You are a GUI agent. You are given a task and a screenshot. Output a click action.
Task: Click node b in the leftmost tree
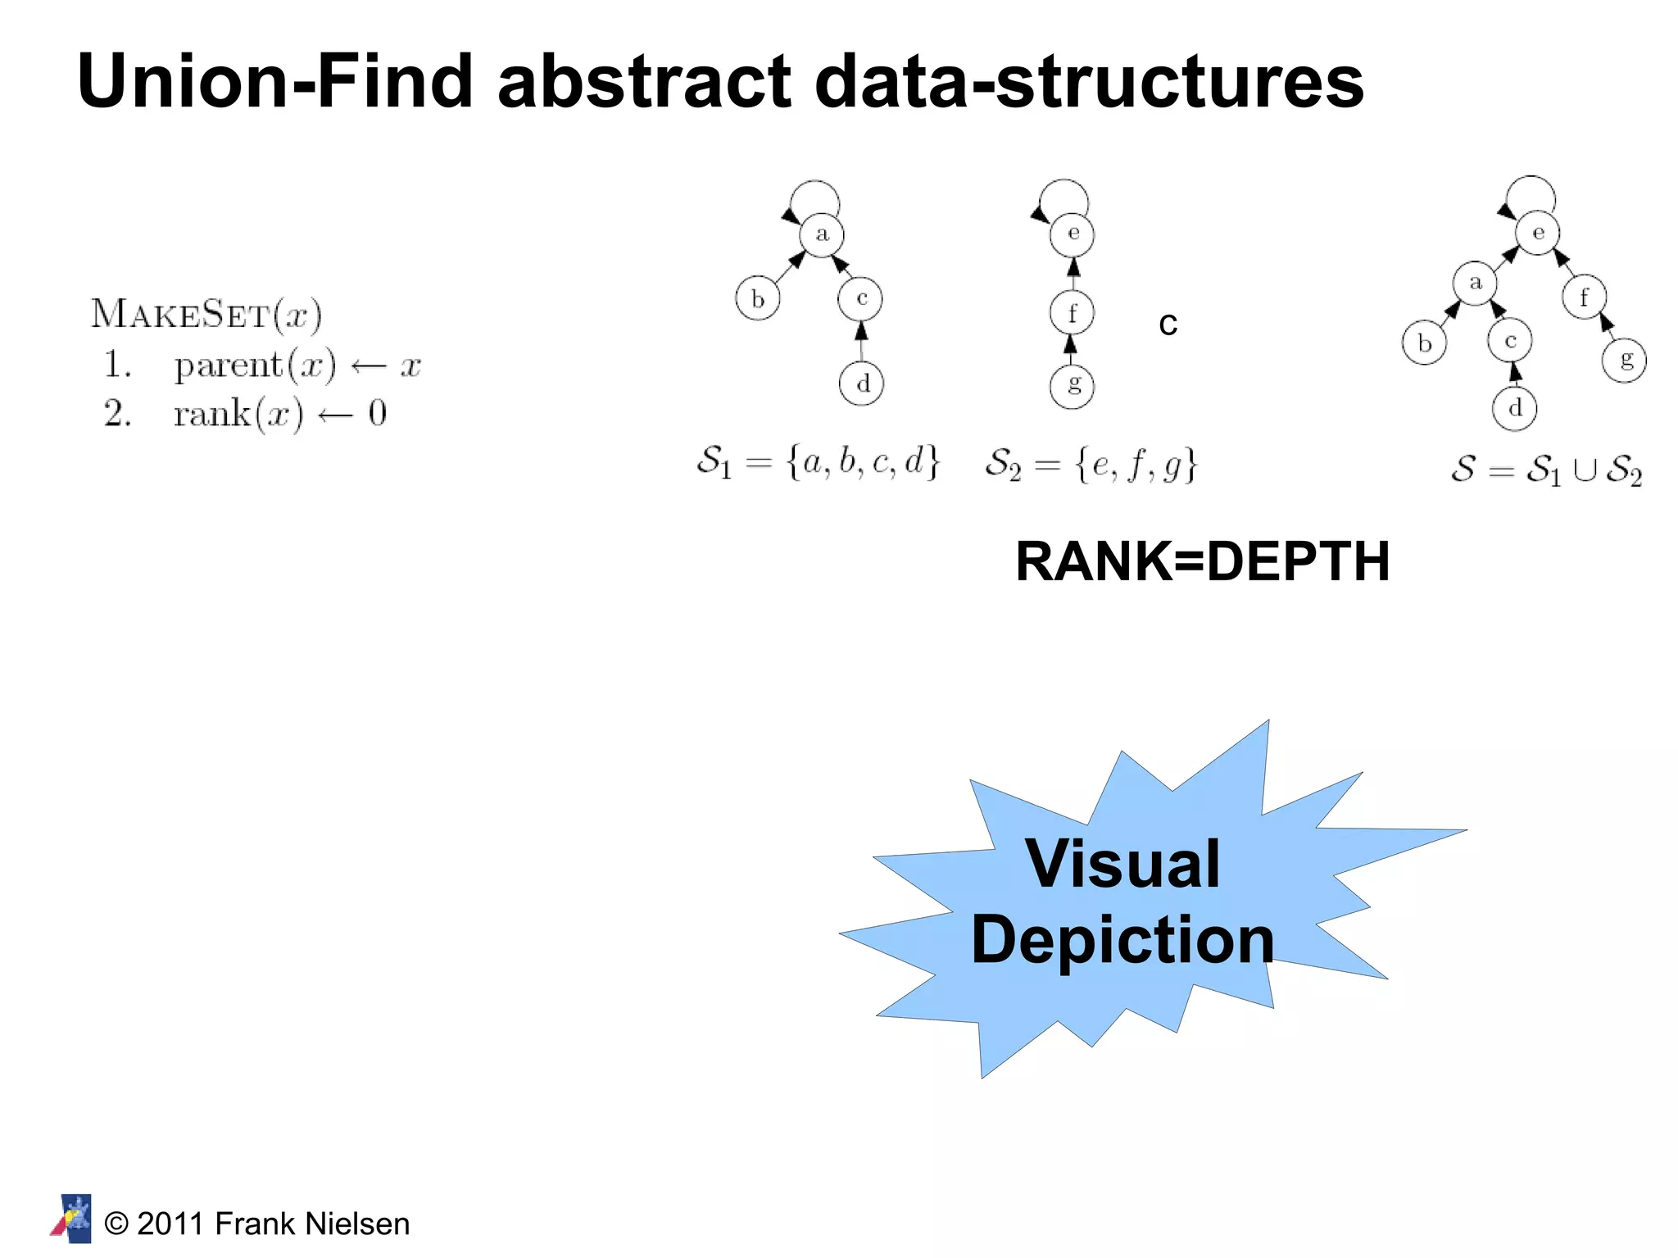pos(757,299)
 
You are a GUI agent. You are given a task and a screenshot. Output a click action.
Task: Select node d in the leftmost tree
pos(861,384)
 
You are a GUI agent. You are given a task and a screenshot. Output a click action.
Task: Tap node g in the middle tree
pos(1072,386)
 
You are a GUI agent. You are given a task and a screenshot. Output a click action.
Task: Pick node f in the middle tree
pos(1072,313)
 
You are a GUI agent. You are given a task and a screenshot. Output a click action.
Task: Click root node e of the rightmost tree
pos(1537,234)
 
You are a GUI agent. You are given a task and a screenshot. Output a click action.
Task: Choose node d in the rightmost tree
pos(1514,408)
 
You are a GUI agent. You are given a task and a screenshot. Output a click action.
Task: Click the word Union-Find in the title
pos(275,81)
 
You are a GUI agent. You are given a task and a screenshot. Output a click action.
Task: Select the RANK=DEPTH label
pos(1202,562)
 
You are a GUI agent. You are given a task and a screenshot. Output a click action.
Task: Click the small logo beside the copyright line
pos(72,1219)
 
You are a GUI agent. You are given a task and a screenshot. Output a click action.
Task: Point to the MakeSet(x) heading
pos(206,314)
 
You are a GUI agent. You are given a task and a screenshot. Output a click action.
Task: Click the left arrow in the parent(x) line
pos(368,366)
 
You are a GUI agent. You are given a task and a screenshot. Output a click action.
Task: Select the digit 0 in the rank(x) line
pos(377,413)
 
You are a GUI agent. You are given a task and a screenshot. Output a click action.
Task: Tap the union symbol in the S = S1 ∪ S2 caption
pos(1585,471)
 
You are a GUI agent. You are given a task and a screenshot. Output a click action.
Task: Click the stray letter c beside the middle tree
pos(1168,325)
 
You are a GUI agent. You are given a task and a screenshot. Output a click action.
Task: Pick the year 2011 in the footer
pos(170,1224)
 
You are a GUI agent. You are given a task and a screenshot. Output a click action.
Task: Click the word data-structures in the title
pos(1089,81)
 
